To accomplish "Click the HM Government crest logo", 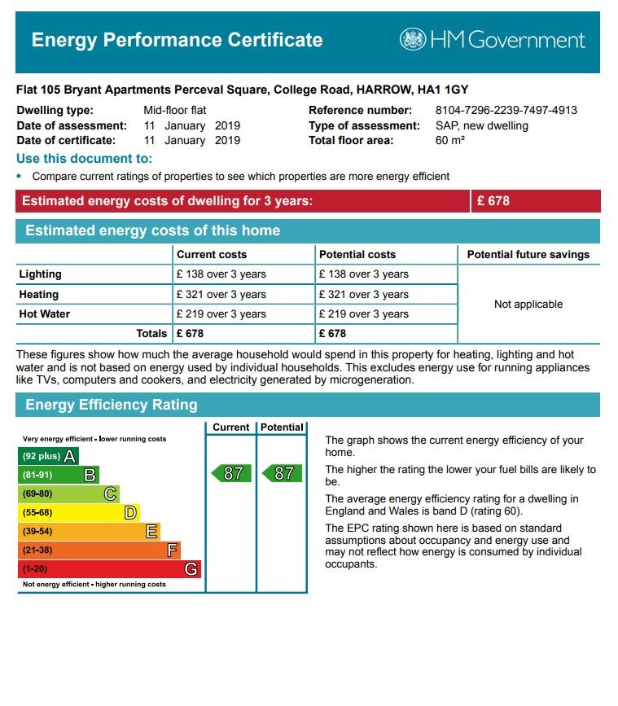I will pos(413,39).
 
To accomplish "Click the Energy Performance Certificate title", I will pos(177,40).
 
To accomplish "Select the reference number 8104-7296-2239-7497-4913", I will pos(506,111).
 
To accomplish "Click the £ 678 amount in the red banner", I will pos(493,201).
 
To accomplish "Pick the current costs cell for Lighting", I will pos(221,274).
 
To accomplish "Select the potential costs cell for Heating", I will pos(364,295).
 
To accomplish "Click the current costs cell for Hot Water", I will pos(221,314).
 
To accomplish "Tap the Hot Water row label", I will pos(45,314).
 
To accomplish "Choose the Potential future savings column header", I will pos(528,255).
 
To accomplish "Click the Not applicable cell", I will pos(528,305).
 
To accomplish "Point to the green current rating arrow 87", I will pos(230,473).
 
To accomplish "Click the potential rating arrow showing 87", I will pos(282,473).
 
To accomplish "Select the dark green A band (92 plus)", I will pos(48,456).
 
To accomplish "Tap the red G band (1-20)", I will pos(108,569).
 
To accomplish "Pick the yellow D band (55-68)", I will pos(78,512).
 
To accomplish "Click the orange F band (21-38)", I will pos(99,550).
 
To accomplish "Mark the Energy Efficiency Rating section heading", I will pos(111,405).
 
